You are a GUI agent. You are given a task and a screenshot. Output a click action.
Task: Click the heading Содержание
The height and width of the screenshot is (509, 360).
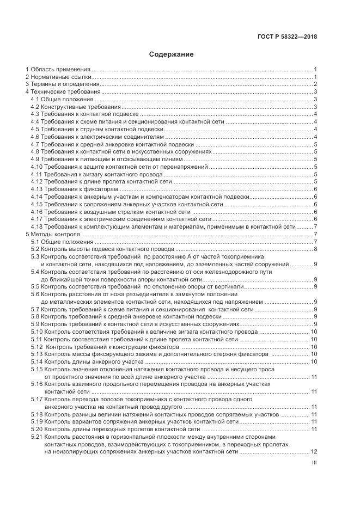tap(171, 54)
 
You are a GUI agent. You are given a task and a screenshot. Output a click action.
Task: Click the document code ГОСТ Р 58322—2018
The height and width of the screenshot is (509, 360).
tap(287, 36)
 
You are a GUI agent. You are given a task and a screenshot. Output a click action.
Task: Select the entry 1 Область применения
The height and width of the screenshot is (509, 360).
tap(58, 69)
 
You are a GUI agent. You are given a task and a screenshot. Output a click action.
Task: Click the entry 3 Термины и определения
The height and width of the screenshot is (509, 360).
tap(63, 84)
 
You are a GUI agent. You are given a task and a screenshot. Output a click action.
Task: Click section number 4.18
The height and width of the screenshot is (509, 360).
tap(36, 226)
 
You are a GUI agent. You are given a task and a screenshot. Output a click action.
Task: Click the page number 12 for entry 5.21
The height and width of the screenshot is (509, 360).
tap(314, 451)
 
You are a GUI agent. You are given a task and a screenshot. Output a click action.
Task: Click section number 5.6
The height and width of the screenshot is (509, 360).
tap(35, 294)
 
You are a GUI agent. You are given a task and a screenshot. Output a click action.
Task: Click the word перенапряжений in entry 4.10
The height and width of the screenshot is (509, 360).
tap(184, 167)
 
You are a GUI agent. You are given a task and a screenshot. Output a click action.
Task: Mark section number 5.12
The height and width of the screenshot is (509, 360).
tap(36, 346)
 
